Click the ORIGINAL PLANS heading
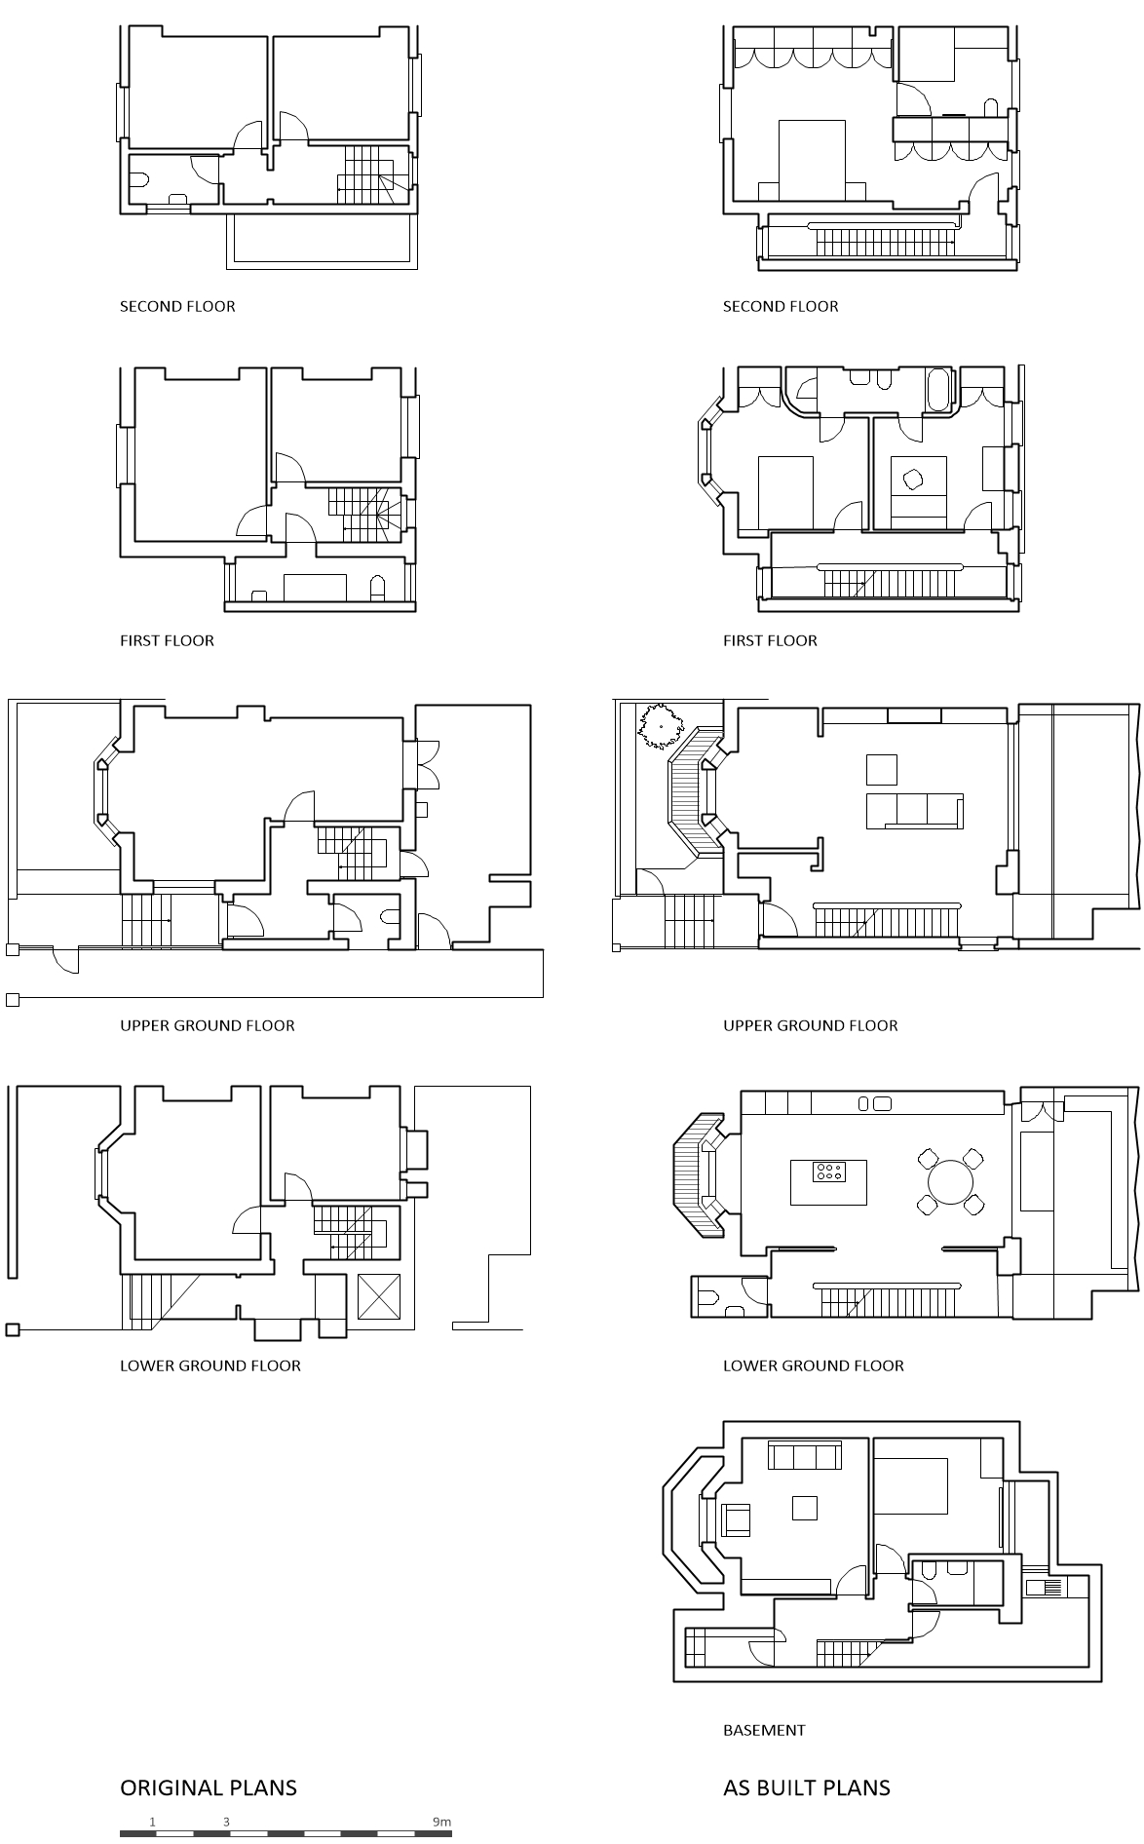click(208, 1786)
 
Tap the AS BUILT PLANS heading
click(806, 1786)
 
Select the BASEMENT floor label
click(764, 1729)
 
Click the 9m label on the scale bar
click(441, 1821)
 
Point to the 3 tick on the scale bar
click(226, 1821)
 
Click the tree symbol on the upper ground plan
click(660, 726)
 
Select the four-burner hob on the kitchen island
click(829, 1171)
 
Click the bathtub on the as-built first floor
click(938, 389)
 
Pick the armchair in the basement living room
click(735, 1518)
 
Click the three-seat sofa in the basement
click(804, 1457)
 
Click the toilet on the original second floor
click(139, 179)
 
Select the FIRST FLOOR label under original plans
click(167, 640)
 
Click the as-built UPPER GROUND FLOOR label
click(810, 1025)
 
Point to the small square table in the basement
click(804, 1507)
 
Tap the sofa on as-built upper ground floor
click(914, 810)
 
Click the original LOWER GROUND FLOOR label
click(210, 1365)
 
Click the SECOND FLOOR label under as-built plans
click(780, 306)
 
